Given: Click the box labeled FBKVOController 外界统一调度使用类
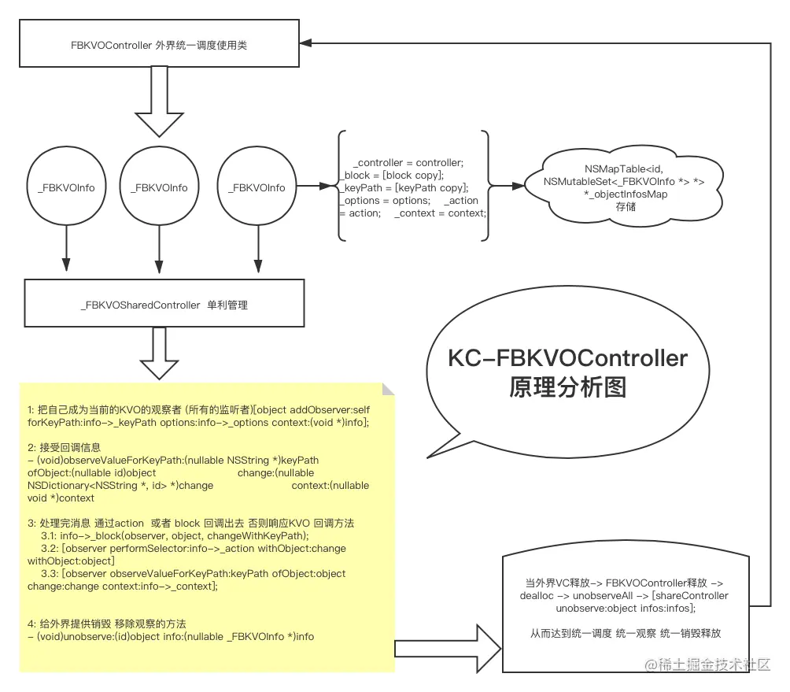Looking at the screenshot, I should pos(158,45).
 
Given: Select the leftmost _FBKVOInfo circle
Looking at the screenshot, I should pos(66,187).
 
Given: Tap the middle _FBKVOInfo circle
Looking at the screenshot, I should pos(159,187).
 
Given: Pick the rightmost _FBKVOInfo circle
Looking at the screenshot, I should pos(256,187).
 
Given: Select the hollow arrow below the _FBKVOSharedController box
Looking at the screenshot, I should pos(160,355).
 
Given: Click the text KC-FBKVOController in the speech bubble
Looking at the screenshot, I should pos(567,359).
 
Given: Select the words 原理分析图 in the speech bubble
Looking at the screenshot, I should pos(567,387).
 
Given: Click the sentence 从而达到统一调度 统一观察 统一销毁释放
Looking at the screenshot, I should pos(626,633).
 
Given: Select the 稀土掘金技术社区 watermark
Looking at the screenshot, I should pos(707,665).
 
